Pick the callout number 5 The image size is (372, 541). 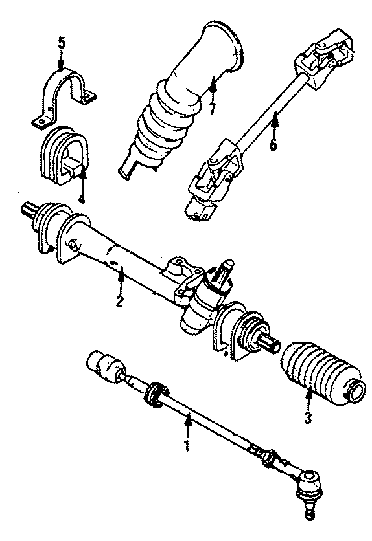[x=62, y=43]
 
